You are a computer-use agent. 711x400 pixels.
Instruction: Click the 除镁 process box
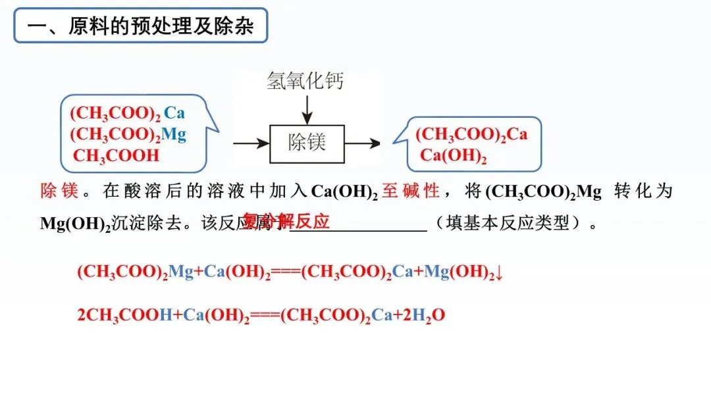click(x=307, y=143)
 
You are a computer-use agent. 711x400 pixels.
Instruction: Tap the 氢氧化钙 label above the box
click(x=305, y=82)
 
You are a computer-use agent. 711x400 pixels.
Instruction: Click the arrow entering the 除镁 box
click(x=251, y=143)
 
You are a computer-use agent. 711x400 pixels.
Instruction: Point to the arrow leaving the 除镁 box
click(x=363, y=143)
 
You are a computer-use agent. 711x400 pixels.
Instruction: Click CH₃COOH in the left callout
click(x=117, y=156)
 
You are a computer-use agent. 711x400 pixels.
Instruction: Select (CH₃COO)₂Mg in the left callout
click(x=128, y=135)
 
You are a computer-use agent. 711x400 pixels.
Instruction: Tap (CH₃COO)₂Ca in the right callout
click(x=471, y=135)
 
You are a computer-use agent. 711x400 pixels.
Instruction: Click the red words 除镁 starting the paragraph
click(x=59, y=191)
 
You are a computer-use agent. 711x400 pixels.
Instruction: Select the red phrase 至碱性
click(x=411, y=191)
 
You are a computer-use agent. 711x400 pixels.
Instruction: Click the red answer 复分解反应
click(x=286, y=220)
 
